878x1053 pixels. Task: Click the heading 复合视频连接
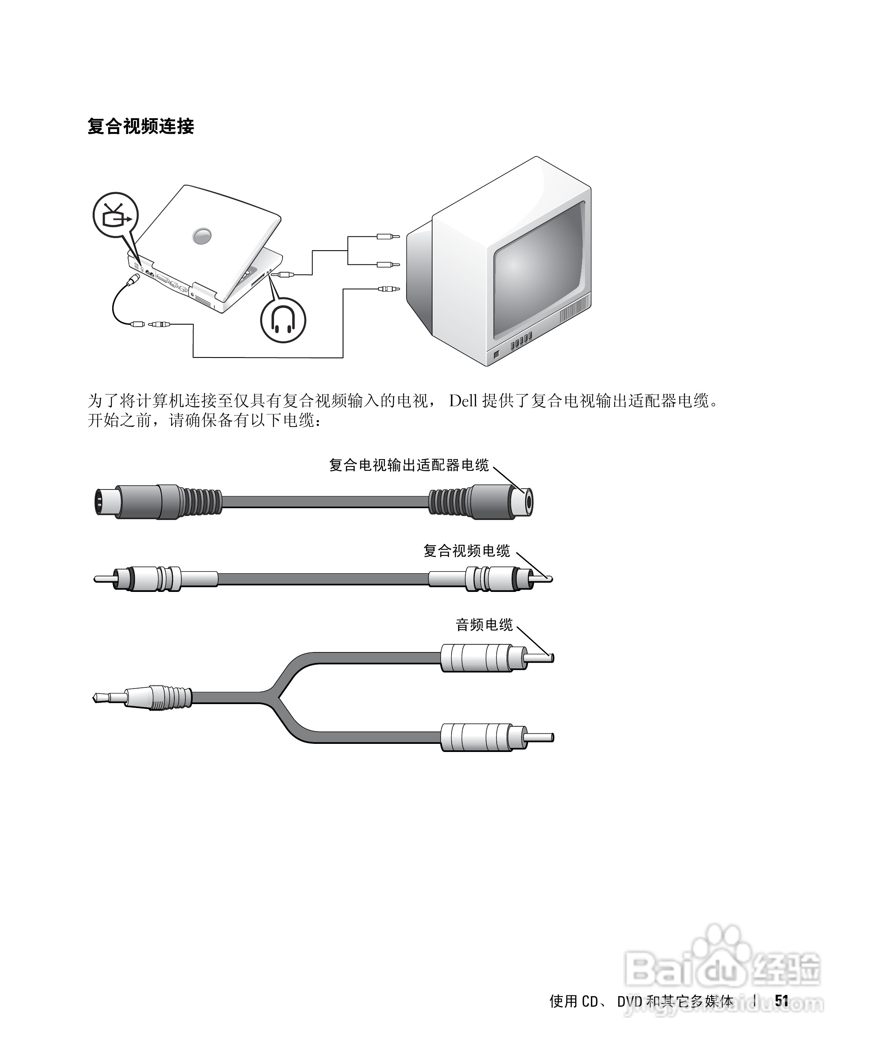[141, 126]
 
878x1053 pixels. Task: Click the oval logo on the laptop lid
[202, 235]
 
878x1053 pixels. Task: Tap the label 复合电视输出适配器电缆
[409, 465]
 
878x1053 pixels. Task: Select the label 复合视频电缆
[467, 551]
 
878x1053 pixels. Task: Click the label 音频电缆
[484, 625]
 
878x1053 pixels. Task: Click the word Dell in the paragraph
[463, 401]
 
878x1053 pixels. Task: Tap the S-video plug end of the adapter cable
[108, 501]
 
